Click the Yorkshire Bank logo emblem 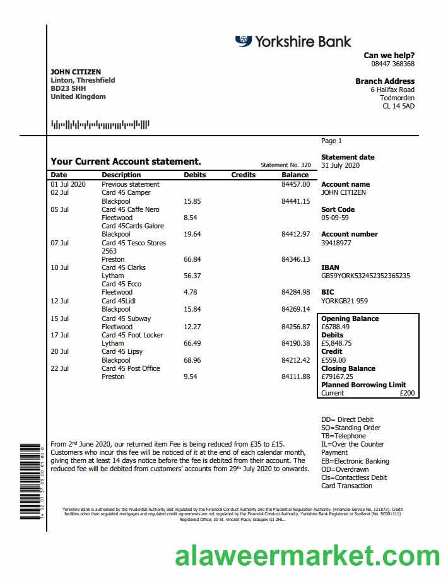(x=244, y=41)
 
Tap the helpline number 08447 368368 (x=392, y=64)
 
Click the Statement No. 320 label (x=286, y=165)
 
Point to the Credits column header (x=244, y=175)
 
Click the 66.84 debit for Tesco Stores (x=192, y=259)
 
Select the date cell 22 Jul (x=59, y=368)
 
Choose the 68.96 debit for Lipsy (x=192, y=360)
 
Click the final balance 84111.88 (x=295, y=377)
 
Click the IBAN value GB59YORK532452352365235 (x=365, y=276)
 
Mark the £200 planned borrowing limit (x=408, y=393)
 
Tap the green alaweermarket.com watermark (x=307, y=557)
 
